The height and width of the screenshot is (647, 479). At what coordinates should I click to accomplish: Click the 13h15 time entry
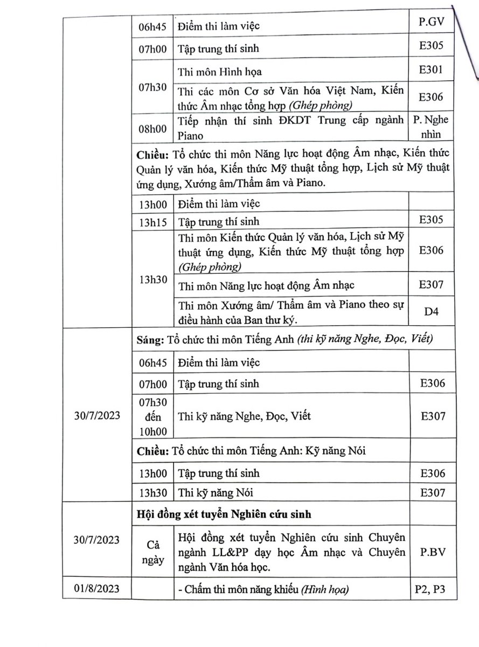pyautogui.click(x=152, y=222)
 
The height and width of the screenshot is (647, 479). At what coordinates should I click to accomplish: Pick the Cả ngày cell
pyautogui.click(x=152, y=552)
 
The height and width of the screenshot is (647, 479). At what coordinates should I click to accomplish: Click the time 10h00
pyautogui.click(x=152, y=431)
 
